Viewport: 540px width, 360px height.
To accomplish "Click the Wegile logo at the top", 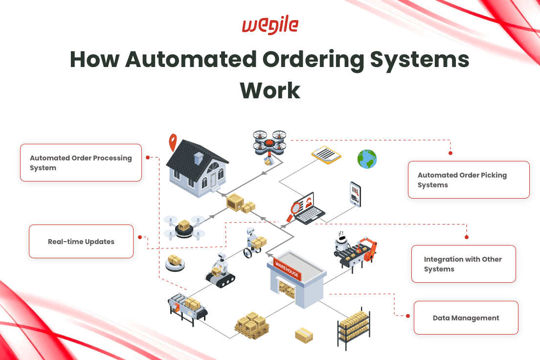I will click(x=270, y=26).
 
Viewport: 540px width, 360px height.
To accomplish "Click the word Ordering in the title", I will click(x=310, y=60).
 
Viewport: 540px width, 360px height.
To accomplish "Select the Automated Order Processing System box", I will click(x=81, y=163).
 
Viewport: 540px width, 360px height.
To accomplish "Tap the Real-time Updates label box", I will click(x=81, y=242).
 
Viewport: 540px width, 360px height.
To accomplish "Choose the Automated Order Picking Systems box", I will click(x=469, y=180).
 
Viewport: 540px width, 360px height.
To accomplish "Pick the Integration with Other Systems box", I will click(x=463, y=264).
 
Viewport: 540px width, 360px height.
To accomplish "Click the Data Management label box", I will click(x=466, y=318).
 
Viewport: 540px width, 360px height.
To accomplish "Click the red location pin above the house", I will click(x=173, y=142).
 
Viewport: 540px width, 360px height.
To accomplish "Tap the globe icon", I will click(x=367, y=159).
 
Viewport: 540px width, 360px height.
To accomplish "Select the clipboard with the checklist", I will click(x=326, y=155).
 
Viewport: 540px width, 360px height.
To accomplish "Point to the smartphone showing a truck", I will click(x=355, y=194).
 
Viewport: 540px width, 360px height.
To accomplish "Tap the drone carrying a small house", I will click(x=270, y=142).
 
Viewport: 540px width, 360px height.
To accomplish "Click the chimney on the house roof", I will click(x=199, y=158).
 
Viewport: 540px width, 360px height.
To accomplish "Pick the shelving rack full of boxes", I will click(x=354, y=328).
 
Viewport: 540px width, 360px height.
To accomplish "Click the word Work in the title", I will click(x=270, y=90).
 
